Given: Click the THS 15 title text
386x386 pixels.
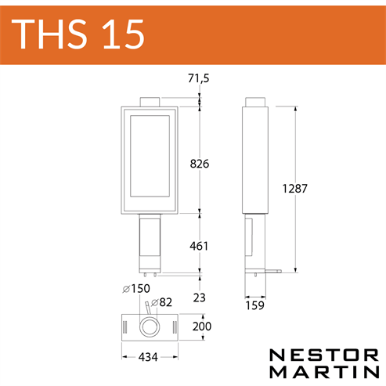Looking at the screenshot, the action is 78,34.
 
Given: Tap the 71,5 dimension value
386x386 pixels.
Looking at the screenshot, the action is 199,78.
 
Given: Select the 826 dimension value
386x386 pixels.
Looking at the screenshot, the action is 200,164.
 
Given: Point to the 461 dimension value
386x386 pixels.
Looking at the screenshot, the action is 199,246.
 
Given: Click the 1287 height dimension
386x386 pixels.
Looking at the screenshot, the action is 295,189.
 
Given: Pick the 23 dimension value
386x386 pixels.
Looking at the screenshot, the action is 200,298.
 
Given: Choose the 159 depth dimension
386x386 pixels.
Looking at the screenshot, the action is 255,305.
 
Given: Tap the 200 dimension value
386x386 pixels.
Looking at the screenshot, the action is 202,326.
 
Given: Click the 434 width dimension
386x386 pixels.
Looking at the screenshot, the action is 148,357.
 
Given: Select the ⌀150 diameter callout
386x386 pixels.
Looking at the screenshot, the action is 136,289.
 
